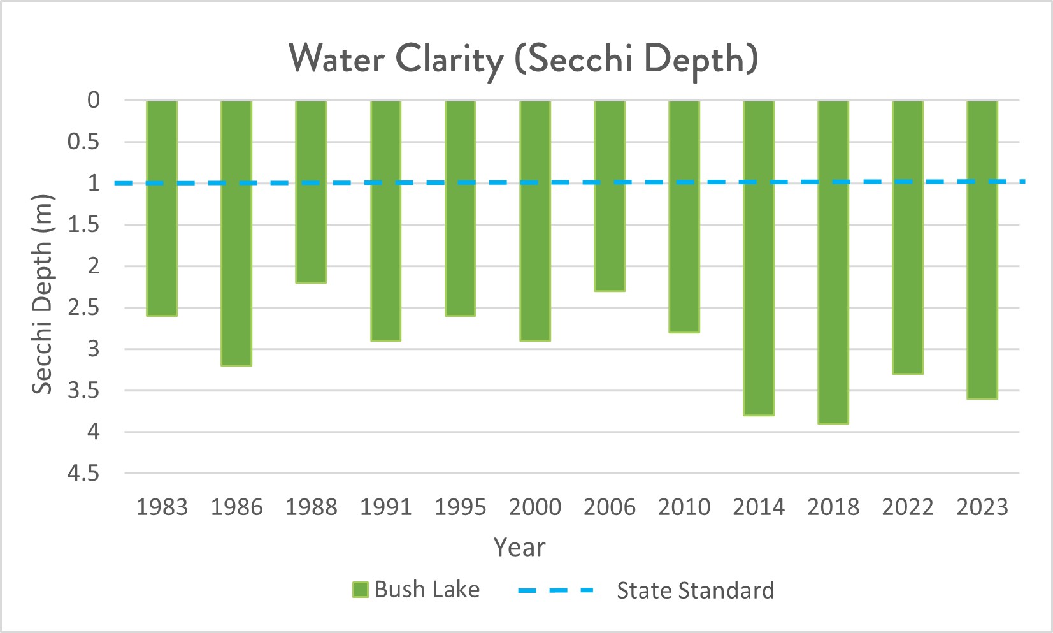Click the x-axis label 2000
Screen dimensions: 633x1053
(x=535, y=507)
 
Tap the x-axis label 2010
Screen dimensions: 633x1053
(x=684, y=507)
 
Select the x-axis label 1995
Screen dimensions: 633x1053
(x=460, y=507)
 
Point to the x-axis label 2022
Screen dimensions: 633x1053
(x=908, y=507)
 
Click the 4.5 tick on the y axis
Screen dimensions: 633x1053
(x=84, y=474)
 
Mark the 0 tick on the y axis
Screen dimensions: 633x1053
(x=94, y=100)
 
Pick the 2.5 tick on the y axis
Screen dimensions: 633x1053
(x=84, y=308)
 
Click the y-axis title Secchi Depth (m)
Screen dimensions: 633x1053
(x=42, y=294)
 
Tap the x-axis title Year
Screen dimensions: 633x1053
(x=520, y=548)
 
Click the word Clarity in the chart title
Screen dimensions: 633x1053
(x=449, y=59)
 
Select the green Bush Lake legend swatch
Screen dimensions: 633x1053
(x=361, y=590)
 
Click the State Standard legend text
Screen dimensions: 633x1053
(x=695, y=590)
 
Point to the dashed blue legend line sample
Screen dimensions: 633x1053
(x=556, y=590)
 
